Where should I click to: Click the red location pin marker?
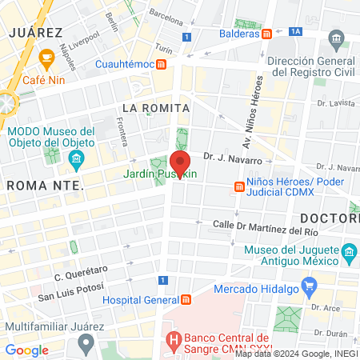(180, 165)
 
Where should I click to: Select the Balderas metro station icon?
(267, 34)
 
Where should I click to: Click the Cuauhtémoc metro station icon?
(162, 64)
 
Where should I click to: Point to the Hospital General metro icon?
(186, 300)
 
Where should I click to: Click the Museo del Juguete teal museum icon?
(348, 254)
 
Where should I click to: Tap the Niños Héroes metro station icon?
(238, 187)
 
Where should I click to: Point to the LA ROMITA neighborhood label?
(155, 107)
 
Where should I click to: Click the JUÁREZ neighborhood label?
(35, 33)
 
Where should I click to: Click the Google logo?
(27, 350)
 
